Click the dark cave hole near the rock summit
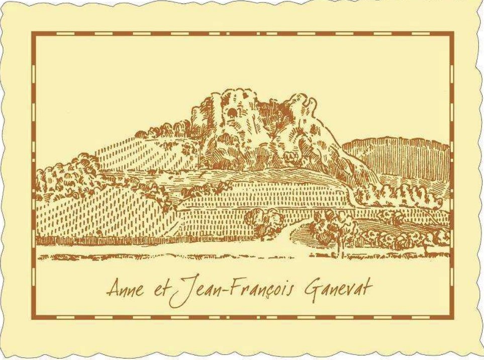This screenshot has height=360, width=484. (x=232, y=113)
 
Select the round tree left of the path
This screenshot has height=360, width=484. (x=264, y=221)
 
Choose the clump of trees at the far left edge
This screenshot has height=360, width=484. (x=55, y=176)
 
